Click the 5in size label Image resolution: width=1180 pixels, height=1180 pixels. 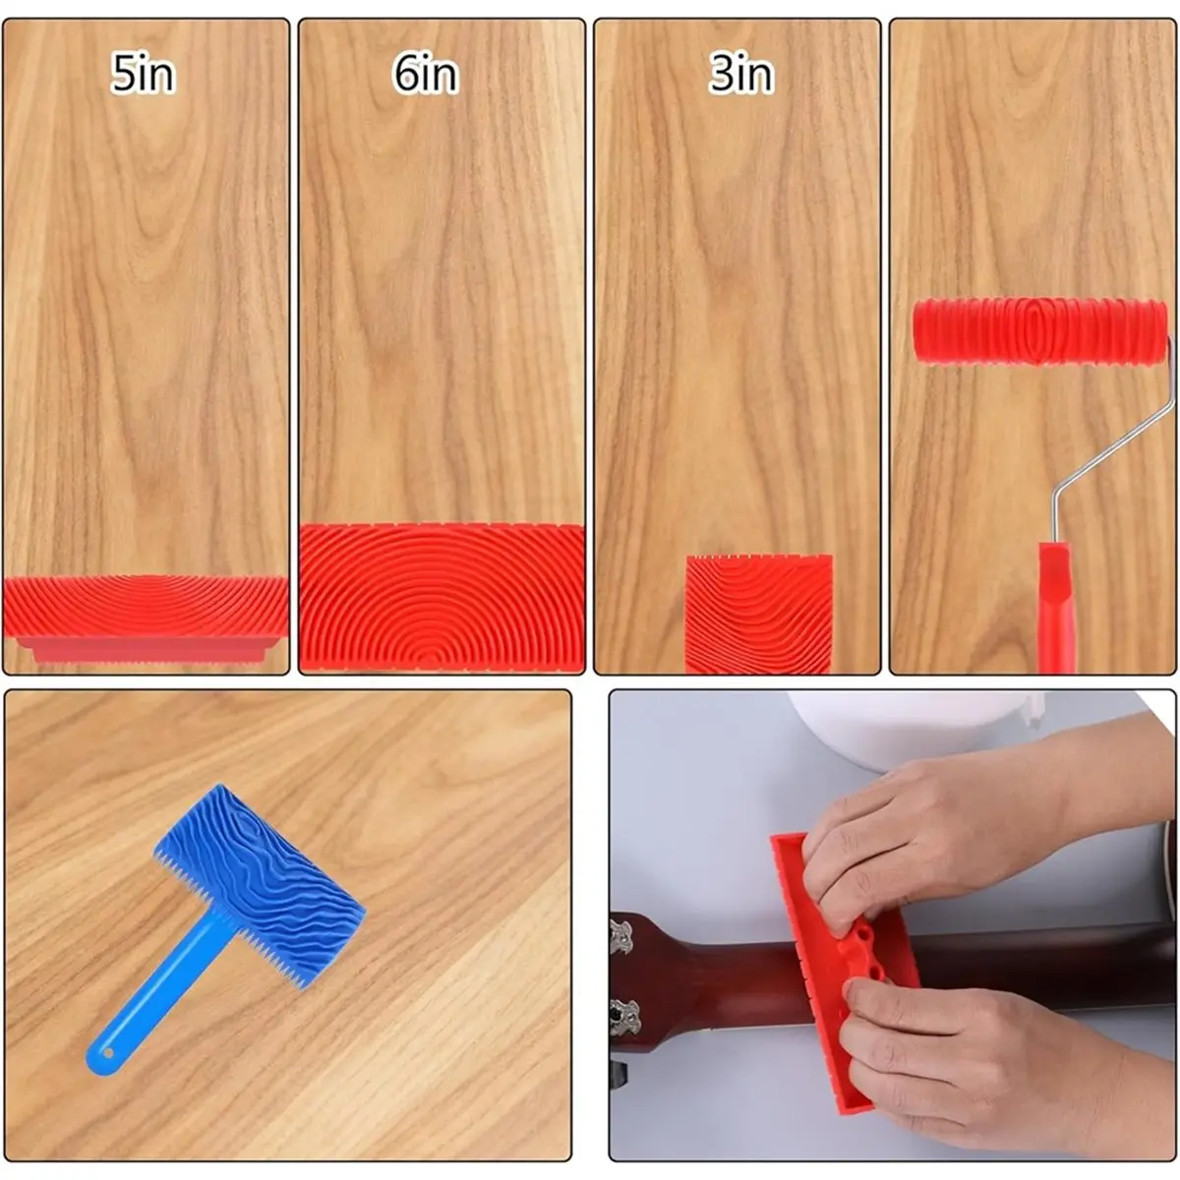tap(144, 74)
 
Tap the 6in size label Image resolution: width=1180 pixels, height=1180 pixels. tap(426, 74)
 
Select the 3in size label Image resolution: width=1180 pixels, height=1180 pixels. tap(741, 74)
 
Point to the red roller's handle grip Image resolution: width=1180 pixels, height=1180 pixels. tap(1056, 607)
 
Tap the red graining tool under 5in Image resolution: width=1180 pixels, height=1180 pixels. tap(146, 619)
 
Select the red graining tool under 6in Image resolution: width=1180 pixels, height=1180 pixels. tap(441, 598)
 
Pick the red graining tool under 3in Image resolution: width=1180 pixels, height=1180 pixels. tap(759, 615)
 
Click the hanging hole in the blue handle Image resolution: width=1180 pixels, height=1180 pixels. tap(108, 1054)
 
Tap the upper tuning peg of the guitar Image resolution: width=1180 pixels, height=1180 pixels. tap(620, 938)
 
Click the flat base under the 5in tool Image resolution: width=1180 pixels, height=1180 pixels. tap(147, 650)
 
